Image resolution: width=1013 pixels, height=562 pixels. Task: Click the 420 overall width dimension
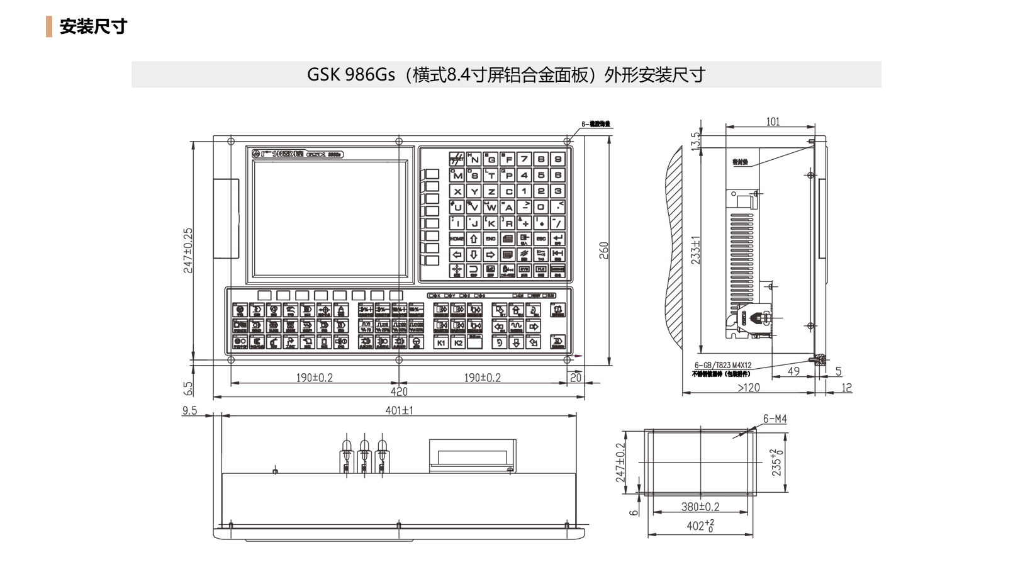[399, 391]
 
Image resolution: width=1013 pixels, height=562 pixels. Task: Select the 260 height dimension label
[604, 250]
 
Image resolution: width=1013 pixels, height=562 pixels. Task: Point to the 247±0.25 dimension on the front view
[188, 250]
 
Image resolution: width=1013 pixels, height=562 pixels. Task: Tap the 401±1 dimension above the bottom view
[399, 410]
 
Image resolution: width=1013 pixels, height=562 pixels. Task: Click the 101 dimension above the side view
[773, 121]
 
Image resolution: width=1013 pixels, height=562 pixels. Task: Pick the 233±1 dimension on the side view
[695, 250]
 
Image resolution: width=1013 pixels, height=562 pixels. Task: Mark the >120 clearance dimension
[749, 388]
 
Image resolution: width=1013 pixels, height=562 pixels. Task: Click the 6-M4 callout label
[775, 419]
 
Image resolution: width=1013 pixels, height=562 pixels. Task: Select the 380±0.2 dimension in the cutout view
[700, 507]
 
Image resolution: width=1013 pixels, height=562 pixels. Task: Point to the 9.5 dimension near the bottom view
[189, 410]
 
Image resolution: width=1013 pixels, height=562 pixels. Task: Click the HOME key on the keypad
[457, 239]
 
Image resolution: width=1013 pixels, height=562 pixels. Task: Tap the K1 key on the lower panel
[441, 343]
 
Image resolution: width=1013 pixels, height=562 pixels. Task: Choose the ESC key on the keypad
[540, 239]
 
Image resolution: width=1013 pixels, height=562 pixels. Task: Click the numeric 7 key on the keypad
[524, 159]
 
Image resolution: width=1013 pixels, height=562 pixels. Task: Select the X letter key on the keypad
[457, 191]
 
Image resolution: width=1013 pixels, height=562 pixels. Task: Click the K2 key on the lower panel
[458, 343]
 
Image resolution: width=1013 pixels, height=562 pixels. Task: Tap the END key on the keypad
[491, 239]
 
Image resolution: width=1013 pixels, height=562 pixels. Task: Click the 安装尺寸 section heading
[93, 26]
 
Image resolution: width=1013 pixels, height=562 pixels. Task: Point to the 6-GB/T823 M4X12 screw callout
[722, 365]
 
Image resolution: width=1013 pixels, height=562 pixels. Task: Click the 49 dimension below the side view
[793, 371]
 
